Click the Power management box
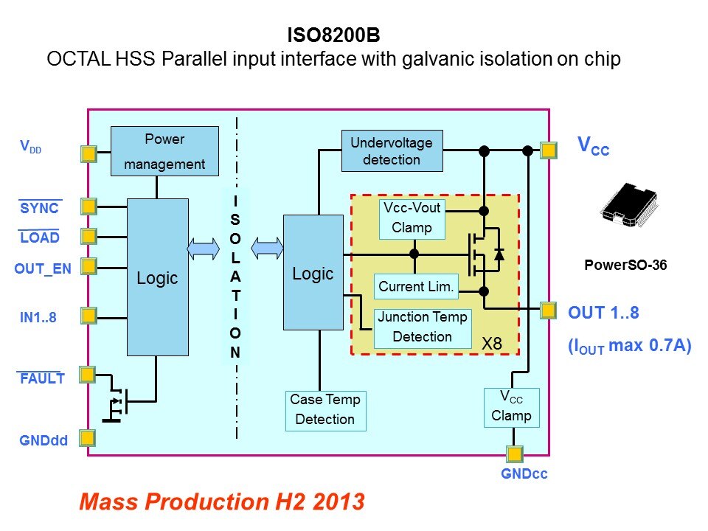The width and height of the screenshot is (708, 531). tap(164, 151)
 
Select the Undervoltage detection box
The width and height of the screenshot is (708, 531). tap(392, 150)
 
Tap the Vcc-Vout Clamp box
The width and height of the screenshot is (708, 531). tap(412, 218)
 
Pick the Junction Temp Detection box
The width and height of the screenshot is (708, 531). tap(423, 327)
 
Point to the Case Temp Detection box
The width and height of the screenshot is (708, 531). tap(325, 410)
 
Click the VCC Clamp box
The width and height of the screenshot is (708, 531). tap(511, 407)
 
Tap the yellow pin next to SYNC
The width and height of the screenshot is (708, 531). tap(88, 206)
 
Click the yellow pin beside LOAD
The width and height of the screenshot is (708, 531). tap(88, 236)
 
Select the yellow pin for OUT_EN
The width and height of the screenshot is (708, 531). tap(88, 265)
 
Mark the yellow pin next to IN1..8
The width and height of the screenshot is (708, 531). tap(88, 316)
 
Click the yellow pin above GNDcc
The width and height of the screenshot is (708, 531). tap(513, 453)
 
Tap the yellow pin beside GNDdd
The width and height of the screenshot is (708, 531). tap(87, 438)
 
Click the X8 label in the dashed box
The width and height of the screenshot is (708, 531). tap(492, 344)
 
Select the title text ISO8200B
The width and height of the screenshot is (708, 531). tap(333, 35)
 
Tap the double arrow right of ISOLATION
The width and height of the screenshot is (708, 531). tap(268, 249)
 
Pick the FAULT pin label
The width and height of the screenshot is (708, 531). tap(43, 379)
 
